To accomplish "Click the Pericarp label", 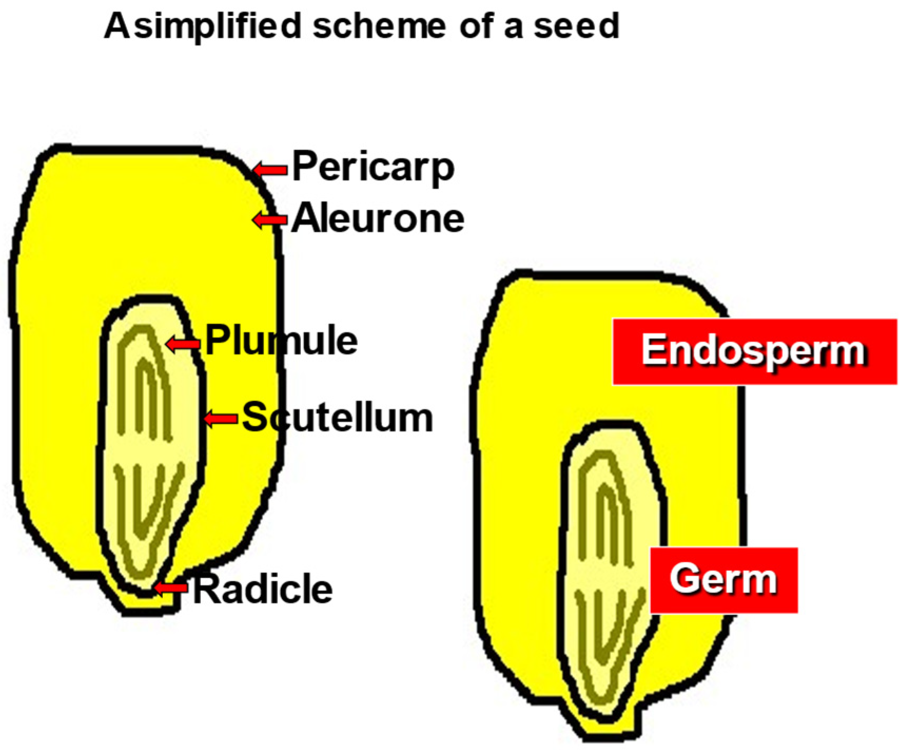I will (373, 168).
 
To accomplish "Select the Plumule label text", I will (281, 341).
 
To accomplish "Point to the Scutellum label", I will (337, 418).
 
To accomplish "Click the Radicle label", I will (263, 589).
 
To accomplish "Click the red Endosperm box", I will (754, 351).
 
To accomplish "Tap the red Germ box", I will (723, 580).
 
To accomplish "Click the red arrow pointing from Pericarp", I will (270, 170).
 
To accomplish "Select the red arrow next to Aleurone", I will (270, 219).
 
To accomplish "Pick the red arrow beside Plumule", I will (183, 345).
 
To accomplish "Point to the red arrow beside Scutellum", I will (220, 419).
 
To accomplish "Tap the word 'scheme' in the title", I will (379, 26).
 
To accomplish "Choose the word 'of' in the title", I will (477, 26).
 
